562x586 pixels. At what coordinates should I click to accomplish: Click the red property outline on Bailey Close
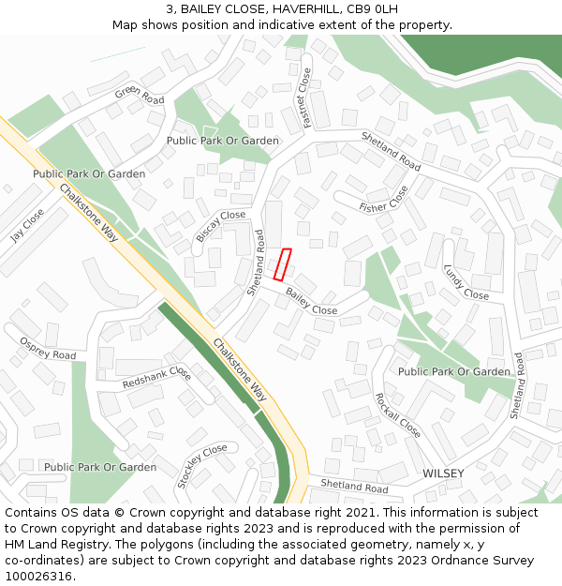tap(282, 264)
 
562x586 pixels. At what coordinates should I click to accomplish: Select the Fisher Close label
tap(384, 200)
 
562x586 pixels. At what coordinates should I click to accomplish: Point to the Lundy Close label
tap(466, 281)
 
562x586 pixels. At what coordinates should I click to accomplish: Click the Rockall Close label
tap(397, 415)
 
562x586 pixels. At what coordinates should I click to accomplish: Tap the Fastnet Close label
tap(304, 94)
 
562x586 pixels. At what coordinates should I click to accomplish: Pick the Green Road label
tap(140, 95)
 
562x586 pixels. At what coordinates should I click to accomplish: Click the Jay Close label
tap(27, 225)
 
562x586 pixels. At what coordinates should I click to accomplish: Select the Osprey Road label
tap(48, 349)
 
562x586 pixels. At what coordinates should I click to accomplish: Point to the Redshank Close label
tap(156, 379)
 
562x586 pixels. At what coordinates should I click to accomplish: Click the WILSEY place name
tap(443, 473)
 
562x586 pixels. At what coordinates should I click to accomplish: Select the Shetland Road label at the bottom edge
tap(354, 488)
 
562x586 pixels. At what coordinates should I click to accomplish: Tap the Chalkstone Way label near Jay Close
tap(88, 214)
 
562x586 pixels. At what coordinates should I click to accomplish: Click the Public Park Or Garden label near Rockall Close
tap(454, 372)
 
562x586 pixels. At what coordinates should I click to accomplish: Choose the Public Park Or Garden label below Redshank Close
tap(100, 467)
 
